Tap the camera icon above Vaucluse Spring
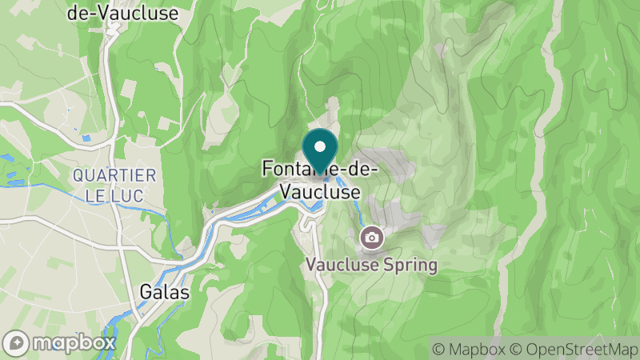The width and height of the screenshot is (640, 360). (x=370, y=237)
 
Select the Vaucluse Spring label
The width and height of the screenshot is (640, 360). (x=370, y=265)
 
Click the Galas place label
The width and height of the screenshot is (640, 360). (x=164, y=293)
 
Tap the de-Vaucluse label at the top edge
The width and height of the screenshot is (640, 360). (x=122, y=13)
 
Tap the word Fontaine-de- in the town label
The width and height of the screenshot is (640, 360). (x=320, y=170)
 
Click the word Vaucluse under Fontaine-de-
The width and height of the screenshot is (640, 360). (x=320, y=192)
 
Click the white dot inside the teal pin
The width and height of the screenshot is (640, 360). (x=320, y=146)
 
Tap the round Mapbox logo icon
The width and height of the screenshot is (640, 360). (x=16, y=342)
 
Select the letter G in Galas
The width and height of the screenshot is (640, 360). (x=145, y=293)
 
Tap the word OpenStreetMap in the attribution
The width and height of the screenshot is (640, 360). (x=580, y=349)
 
